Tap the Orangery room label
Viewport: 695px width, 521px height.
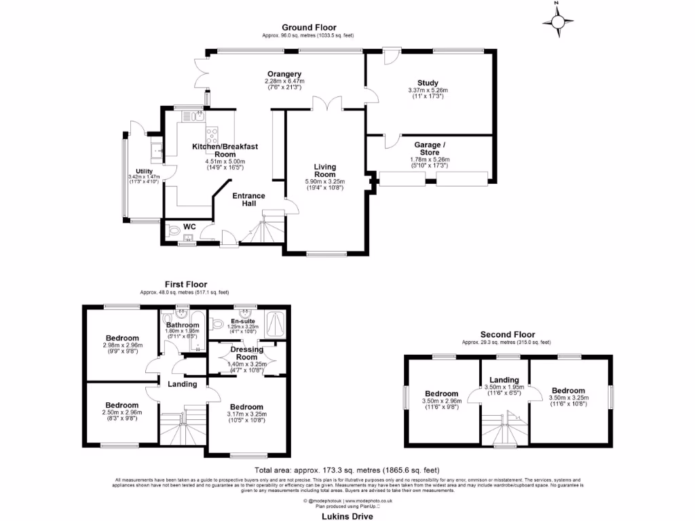[284, 75]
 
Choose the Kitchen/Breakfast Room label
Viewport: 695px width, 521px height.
[225, 150]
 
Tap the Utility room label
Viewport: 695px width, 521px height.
[144, 171]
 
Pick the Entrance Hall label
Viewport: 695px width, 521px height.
[249, 200]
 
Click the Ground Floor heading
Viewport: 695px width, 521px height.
[309, 28]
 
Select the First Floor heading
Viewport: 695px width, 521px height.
[185, 284]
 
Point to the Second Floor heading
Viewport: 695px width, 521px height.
[507, 334]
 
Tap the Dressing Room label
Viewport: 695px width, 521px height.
[246, 353]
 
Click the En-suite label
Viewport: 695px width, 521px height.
[242, 321]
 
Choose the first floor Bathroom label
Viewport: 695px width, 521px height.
[181, 325]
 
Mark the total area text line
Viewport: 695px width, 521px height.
[347, 470]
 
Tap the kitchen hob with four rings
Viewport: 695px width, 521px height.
[212, 134]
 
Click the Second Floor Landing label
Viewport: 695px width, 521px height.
[504, 380]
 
